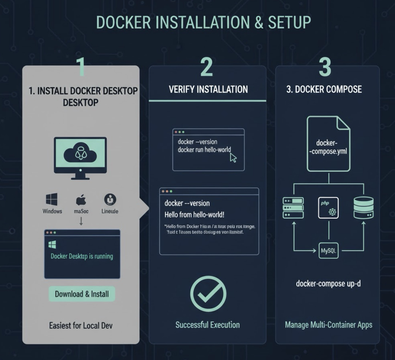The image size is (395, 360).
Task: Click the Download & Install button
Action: click(x=82, y=294)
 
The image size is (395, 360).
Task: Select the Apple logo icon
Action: click(x=81, y=200)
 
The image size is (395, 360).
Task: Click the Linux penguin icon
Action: click(x=110, y=199)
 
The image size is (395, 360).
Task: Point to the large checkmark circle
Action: click(x=208, y=293)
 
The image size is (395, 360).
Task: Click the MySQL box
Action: click(x=328, y=251)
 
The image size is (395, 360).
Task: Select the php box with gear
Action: click(x=328, y=208)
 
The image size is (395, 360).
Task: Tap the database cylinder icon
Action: click(x=363, y=208)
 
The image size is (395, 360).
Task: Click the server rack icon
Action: click(x=293, y=208)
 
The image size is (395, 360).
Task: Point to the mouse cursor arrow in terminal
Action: click(x=233, y=158)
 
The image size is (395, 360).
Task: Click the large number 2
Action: click(x=207, y=67)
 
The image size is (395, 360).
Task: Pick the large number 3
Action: click(x=325, y=67)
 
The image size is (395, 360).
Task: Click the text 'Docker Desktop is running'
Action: click(x=82, y=256)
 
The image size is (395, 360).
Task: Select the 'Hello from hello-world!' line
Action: click(x=194, y=215)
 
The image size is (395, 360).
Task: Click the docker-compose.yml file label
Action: click(x=328, y=147)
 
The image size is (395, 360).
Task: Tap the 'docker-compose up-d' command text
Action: click(x=328, y=283)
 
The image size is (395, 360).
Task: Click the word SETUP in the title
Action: click(x=289, y=22)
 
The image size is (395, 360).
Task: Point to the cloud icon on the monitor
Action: click(x=80, y=154)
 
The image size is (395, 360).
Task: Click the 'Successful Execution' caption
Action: click(x=207, y=325)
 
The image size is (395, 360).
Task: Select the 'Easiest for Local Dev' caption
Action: click(x=81, y=326)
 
